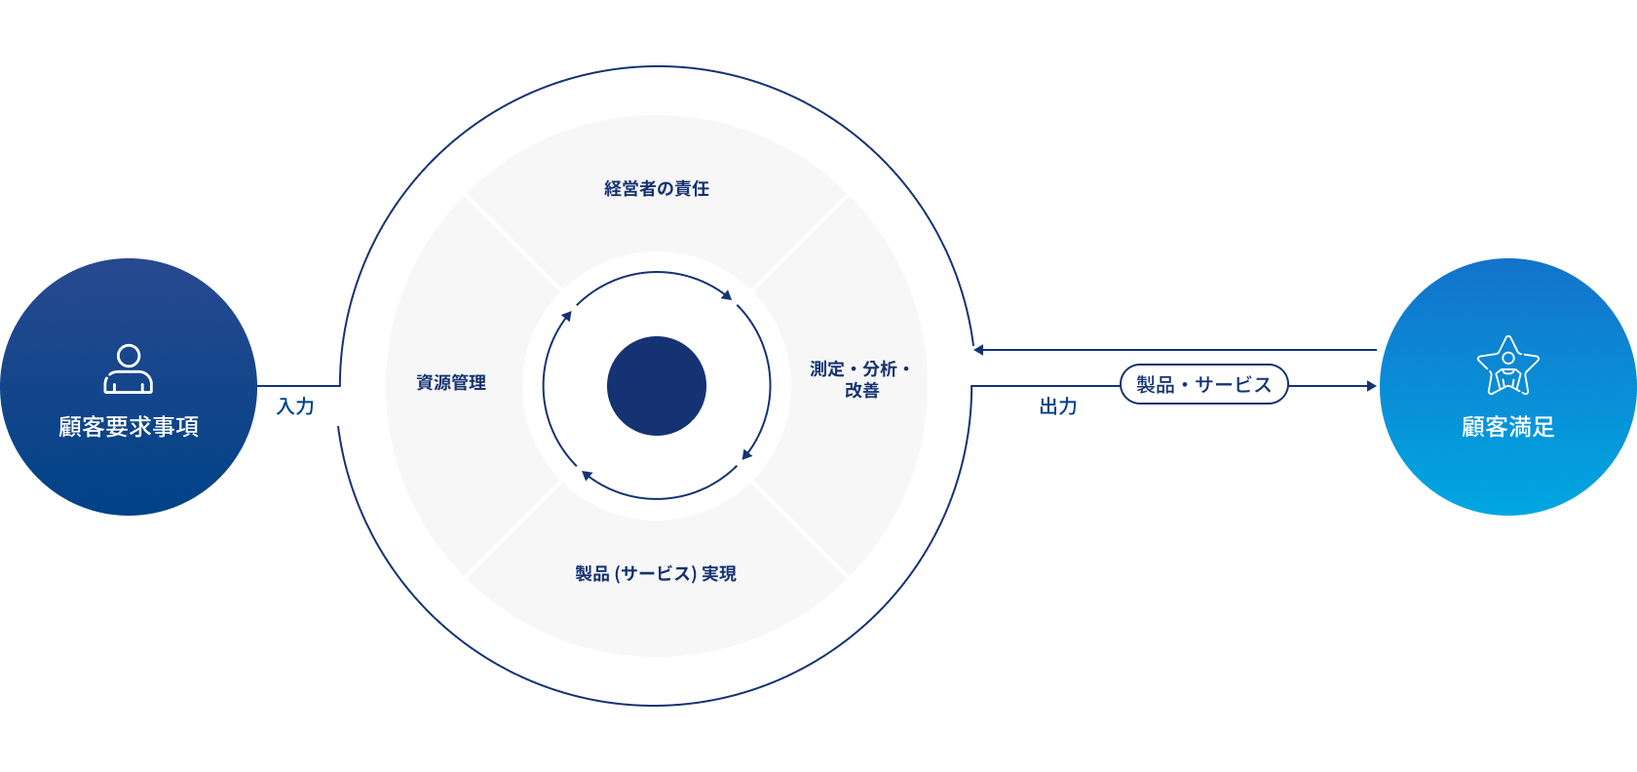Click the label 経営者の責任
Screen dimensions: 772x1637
(x=657, y=188)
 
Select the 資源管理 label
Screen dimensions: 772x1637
(x=451, y=383)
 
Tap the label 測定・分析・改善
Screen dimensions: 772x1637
(x=860, y=379)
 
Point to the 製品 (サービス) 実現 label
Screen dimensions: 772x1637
(x=656, y=574)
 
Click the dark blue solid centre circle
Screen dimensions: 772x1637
(x=657, y=386)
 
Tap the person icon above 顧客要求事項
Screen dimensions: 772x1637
(x=129, y=368)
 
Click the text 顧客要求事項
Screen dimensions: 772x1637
(x=129, y=427)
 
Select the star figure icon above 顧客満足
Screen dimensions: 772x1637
(x=1507, y=366)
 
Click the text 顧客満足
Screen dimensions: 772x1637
(x=1507, y=427)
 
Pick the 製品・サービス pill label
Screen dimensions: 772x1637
(x=1203, y=385)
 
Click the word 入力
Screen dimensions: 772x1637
(x=295, y=406)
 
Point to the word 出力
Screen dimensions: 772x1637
(x=1058, y=406)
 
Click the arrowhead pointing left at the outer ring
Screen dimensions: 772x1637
(x=977, y=350)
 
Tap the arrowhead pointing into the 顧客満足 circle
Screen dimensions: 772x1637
(x=1372, y=386)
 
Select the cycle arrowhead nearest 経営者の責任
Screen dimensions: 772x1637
(x=727, y=294)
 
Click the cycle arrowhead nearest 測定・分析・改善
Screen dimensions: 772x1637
(x=747, y=453)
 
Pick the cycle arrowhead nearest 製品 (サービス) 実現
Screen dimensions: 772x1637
(x=587, y=475)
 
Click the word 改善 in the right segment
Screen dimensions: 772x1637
(x=861, y=391)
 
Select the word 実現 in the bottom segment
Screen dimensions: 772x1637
(x=719, y=574)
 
